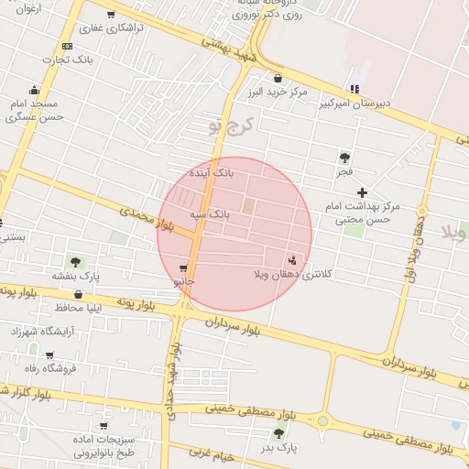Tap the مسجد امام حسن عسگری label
(34, 111)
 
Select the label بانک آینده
(212, 171)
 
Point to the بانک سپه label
(210, 213)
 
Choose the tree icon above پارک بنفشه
(76, 262)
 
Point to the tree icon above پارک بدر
(278, 433)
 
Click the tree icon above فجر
(344, 158)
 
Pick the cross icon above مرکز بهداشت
(363, 192)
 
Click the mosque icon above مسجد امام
(35, 91)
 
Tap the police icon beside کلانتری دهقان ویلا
(292, 259)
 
